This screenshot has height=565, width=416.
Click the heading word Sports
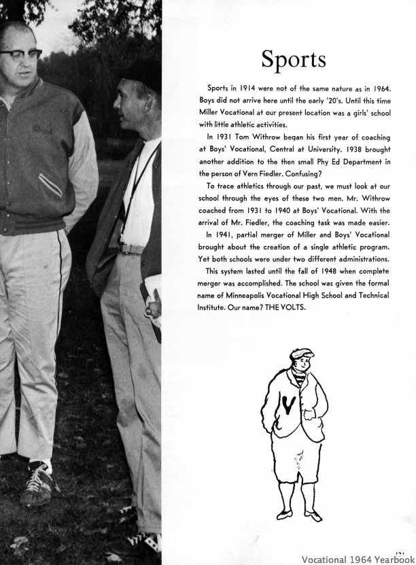click(293, 60)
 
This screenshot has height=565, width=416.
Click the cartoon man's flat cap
click(304, 356)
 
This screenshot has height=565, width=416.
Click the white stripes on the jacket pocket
click(52, 184)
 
